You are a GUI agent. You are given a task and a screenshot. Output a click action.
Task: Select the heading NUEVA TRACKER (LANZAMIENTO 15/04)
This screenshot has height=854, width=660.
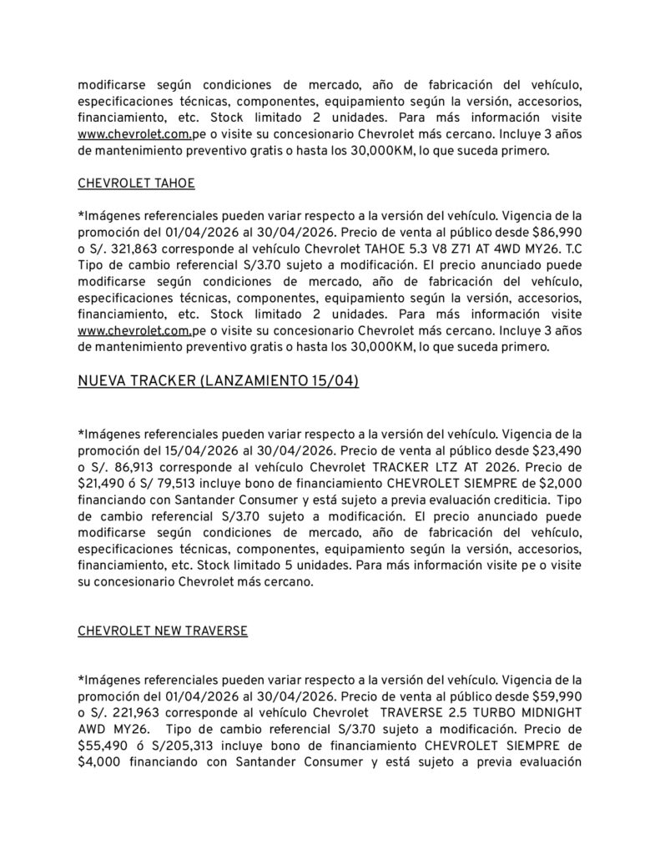click(x=219, y=381)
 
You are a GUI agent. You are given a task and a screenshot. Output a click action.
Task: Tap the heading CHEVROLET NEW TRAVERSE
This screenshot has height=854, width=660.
click(x=163, y=630)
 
